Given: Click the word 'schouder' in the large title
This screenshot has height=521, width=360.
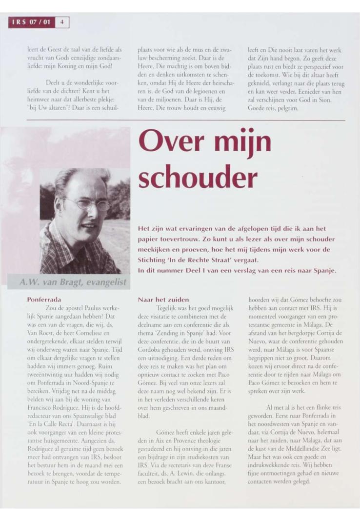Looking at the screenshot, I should point(198,178).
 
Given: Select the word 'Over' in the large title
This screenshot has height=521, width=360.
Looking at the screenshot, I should point(174,142).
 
